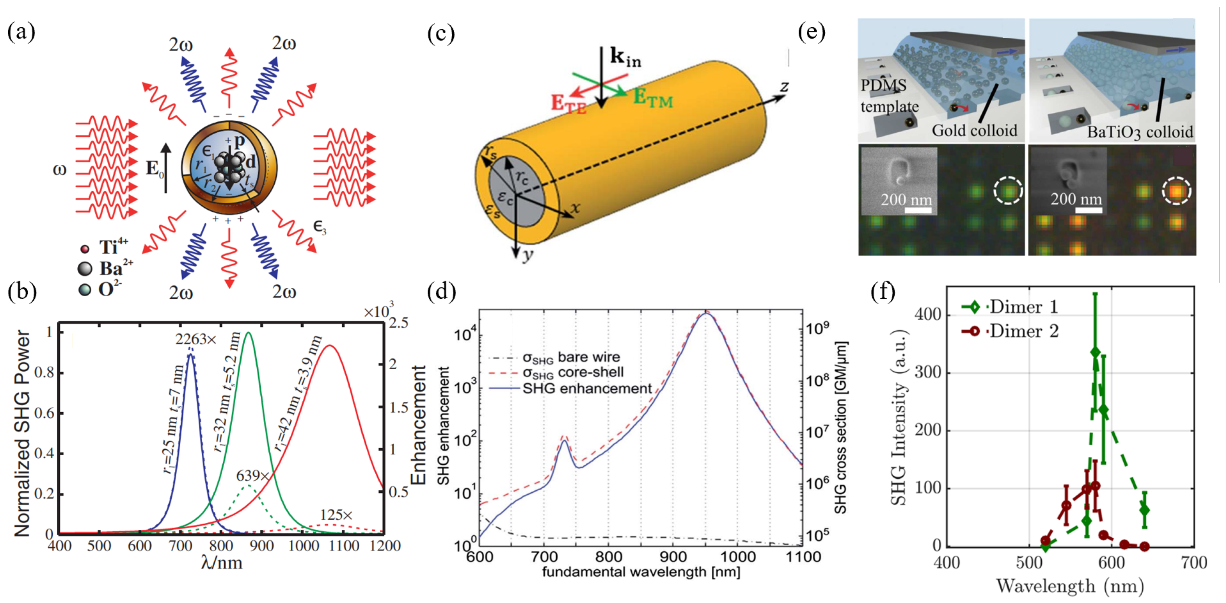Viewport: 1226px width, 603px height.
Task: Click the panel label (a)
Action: click(x=21, y=32)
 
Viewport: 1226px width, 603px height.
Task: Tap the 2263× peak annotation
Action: click(x=195, y=339)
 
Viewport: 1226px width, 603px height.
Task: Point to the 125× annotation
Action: click(x=336, y=514)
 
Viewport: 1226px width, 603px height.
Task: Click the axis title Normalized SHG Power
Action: click(x=22, y=433)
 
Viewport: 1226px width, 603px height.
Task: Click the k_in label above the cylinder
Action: click(x=625, y=57)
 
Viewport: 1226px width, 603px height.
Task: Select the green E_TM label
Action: click(x=652, y=98)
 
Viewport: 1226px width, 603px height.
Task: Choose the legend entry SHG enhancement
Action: click(x=587, y=389)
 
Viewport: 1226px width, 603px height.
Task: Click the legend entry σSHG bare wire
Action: click(x=571, y=357)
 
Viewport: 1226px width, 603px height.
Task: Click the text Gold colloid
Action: click(x=974, y=130)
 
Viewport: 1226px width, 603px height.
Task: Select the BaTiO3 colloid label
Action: click(x=1140, y=132)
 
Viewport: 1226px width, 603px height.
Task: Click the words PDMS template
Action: click(x=889, y=96)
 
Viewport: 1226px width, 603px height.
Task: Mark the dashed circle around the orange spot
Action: click(x=1176, y=191)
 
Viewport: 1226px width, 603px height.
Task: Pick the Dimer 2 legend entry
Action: click(x=1024, y=330)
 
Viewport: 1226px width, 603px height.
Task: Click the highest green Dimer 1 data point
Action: click(x=1095, y=352)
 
